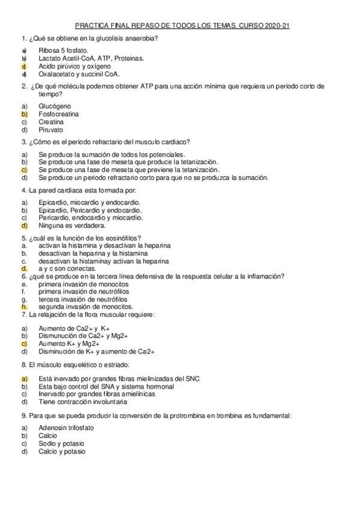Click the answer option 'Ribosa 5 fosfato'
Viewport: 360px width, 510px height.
(63, 51)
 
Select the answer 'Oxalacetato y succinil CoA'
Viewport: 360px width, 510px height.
(79, 75)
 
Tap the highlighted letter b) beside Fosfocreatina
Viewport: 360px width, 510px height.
(25, 114)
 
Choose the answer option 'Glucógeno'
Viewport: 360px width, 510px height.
(55, 106)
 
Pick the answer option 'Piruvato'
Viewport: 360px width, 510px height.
(50, 129)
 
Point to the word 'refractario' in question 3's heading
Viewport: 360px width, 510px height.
(106, 142)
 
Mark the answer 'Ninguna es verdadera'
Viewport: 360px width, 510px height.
(72, 226)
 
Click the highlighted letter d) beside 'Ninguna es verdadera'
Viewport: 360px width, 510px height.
(25, 226)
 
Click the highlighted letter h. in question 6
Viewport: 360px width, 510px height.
(24, 307)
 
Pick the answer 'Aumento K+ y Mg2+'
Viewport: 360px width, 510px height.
(69, 343)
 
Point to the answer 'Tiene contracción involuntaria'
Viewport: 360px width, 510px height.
(82, 401)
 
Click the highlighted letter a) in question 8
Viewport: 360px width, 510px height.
(25, 378)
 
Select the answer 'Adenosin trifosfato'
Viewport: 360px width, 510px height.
(66, 428)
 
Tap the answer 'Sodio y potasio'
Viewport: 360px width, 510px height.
(61, 443)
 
